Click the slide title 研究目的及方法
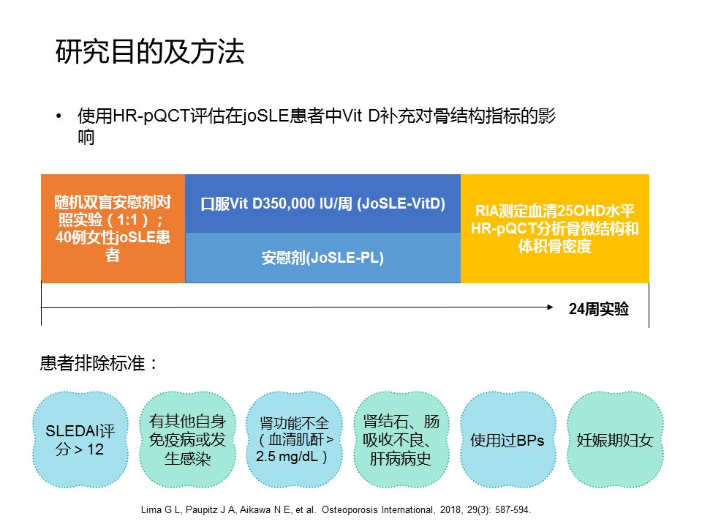[149, 51]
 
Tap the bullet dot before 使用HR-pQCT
[58, 116]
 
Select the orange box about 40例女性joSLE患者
[113, 228]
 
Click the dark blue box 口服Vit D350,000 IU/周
[322, 203]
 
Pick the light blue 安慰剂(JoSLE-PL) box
[322, 258]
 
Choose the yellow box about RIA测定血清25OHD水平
[555, 228]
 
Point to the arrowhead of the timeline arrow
[550, 307]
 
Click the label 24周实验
[599, 309]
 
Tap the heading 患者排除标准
[99, 363]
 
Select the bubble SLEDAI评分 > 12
[80, 440]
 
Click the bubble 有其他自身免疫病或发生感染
[187, 440]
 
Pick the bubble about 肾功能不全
[294, 440]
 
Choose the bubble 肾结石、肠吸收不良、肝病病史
[401, 440]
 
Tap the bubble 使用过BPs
[508, 440]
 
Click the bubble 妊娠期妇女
[615, 440]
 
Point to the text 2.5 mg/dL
[287, 457]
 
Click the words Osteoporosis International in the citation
[377, 510]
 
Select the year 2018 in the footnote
[450, 510]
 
